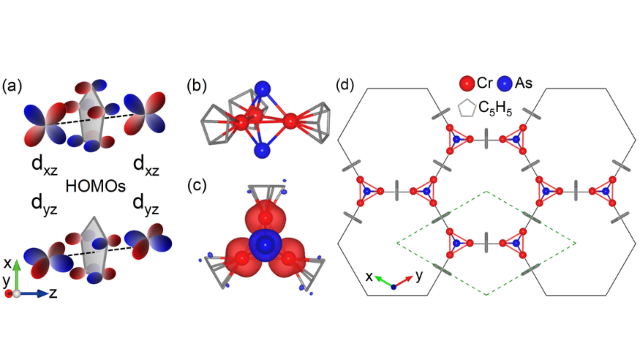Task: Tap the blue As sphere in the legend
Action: tap(506, 83)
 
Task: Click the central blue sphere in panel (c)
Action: tap(263, 245)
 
